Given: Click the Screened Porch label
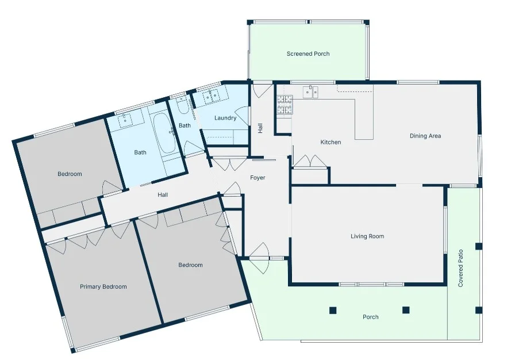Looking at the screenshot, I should tap(308, 54).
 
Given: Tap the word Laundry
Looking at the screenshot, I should tap(225, 118).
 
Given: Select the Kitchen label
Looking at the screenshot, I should tap(330, 142).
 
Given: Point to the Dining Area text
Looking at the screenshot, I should tap(425, 136).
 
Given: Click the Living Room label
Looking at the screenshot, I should tap(367, 236).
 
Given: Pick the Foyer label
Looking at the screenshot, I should tap(257, 178).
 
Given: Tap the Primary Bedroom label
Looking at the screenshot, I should tap(103, 286).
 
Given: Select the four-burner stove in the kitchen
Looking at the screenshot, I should tap(285, 104).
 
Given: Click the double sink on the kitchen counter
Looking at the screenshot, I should tap(311, 91).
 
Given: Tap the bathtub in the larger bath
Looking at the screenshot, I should tap(167, 133).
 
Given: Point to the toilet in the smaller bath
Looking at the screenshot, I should tap(183, 106).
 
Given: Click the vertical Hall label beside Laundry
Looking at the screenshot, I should tap(260, 128).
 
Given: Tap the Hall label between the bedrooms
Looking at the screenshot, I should tap(163, 195).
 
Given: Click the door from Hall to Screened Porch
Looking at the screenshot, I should tap(262, 90).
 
